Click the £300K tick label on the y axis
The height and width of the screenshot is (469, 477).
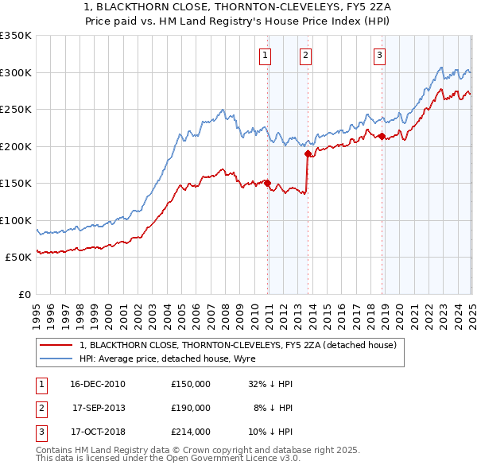[16, 72]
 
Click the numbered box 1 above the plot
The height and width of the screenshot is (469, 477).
[264, 55]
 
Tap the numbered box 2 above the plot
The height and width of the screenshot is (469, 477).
[305, 55]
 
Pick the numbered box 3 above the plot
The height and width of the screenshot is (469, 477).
[380, 55]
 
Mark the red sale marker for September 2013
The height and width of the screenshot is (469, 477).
[308, 153]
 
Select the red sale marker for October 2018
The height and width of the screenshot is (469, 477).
[382, 136]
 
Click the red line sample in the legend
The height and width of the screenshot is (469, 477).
[56, 345]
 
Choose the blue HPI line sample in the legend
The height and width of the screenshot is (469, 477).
[56, 359]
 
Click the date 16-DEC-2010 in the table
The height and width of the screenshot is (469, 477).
[97, 384]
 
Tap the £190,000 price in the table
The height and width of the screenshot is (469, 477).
[191, 408]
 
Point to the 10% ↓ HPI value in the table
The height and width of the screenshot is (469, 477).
[271, 432]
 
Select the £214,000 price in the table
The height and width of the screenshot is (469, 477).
[191, 432]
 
